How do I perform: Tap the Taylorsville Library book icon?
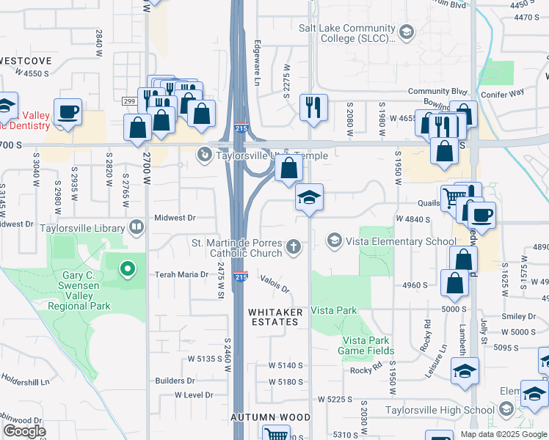137,227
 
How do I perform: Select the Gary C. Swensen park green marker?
128,270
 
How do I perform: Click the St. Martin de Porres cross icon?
294,246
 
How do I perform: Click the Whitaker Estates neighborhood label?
275,317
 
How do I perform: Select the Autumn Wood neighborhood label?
271,417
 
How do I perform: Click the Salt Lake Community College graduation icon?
406,32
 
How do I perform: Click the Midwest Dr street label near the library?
175,218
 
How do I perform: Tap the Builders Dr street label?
175,381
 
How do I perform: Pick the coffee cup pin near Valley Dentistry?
68,112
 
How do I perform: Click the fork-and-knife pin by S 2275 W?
313,107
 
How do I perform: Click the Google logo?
25,431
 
